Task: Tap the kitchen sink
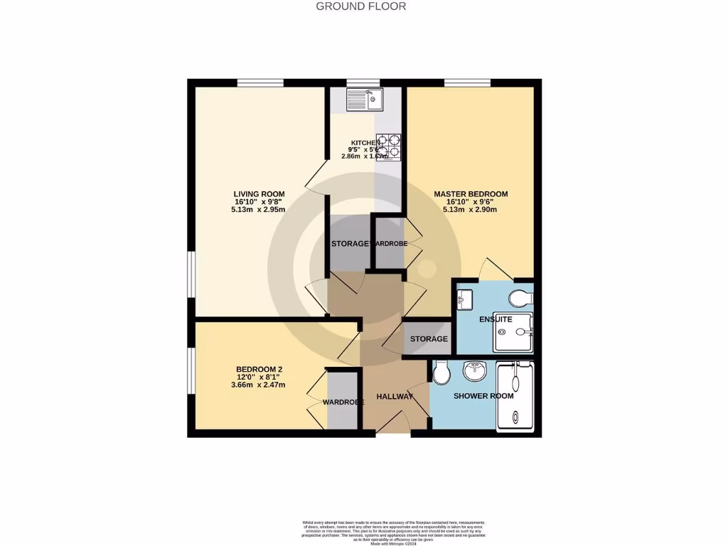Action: click(365, 100)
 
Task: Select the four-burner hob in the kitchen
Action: click(388, 146)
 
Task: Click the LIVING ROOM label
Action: click(259, 194)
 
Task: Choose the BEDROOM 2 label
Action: click(259, 369)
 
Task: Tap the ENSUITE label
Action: click(495, 320)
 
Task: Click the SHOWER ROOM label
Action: click(483, 396)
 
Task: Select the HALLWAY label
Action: click(395, 396)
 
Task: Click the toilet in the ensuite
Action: click(522, 297)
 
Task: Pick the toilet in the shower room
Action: click(441, 372)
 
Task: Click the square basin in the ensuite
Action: click(465, 300)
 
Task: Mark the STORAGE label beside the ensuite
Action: click(429, 339)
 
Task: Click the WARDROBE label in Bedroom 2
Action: click(343, 402)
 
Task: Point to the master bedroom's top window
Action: click(467, 82)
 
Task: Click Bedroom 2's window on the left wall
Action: click(191, 370)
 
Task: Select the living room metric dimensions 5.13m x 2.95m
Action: click(259, 210)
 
